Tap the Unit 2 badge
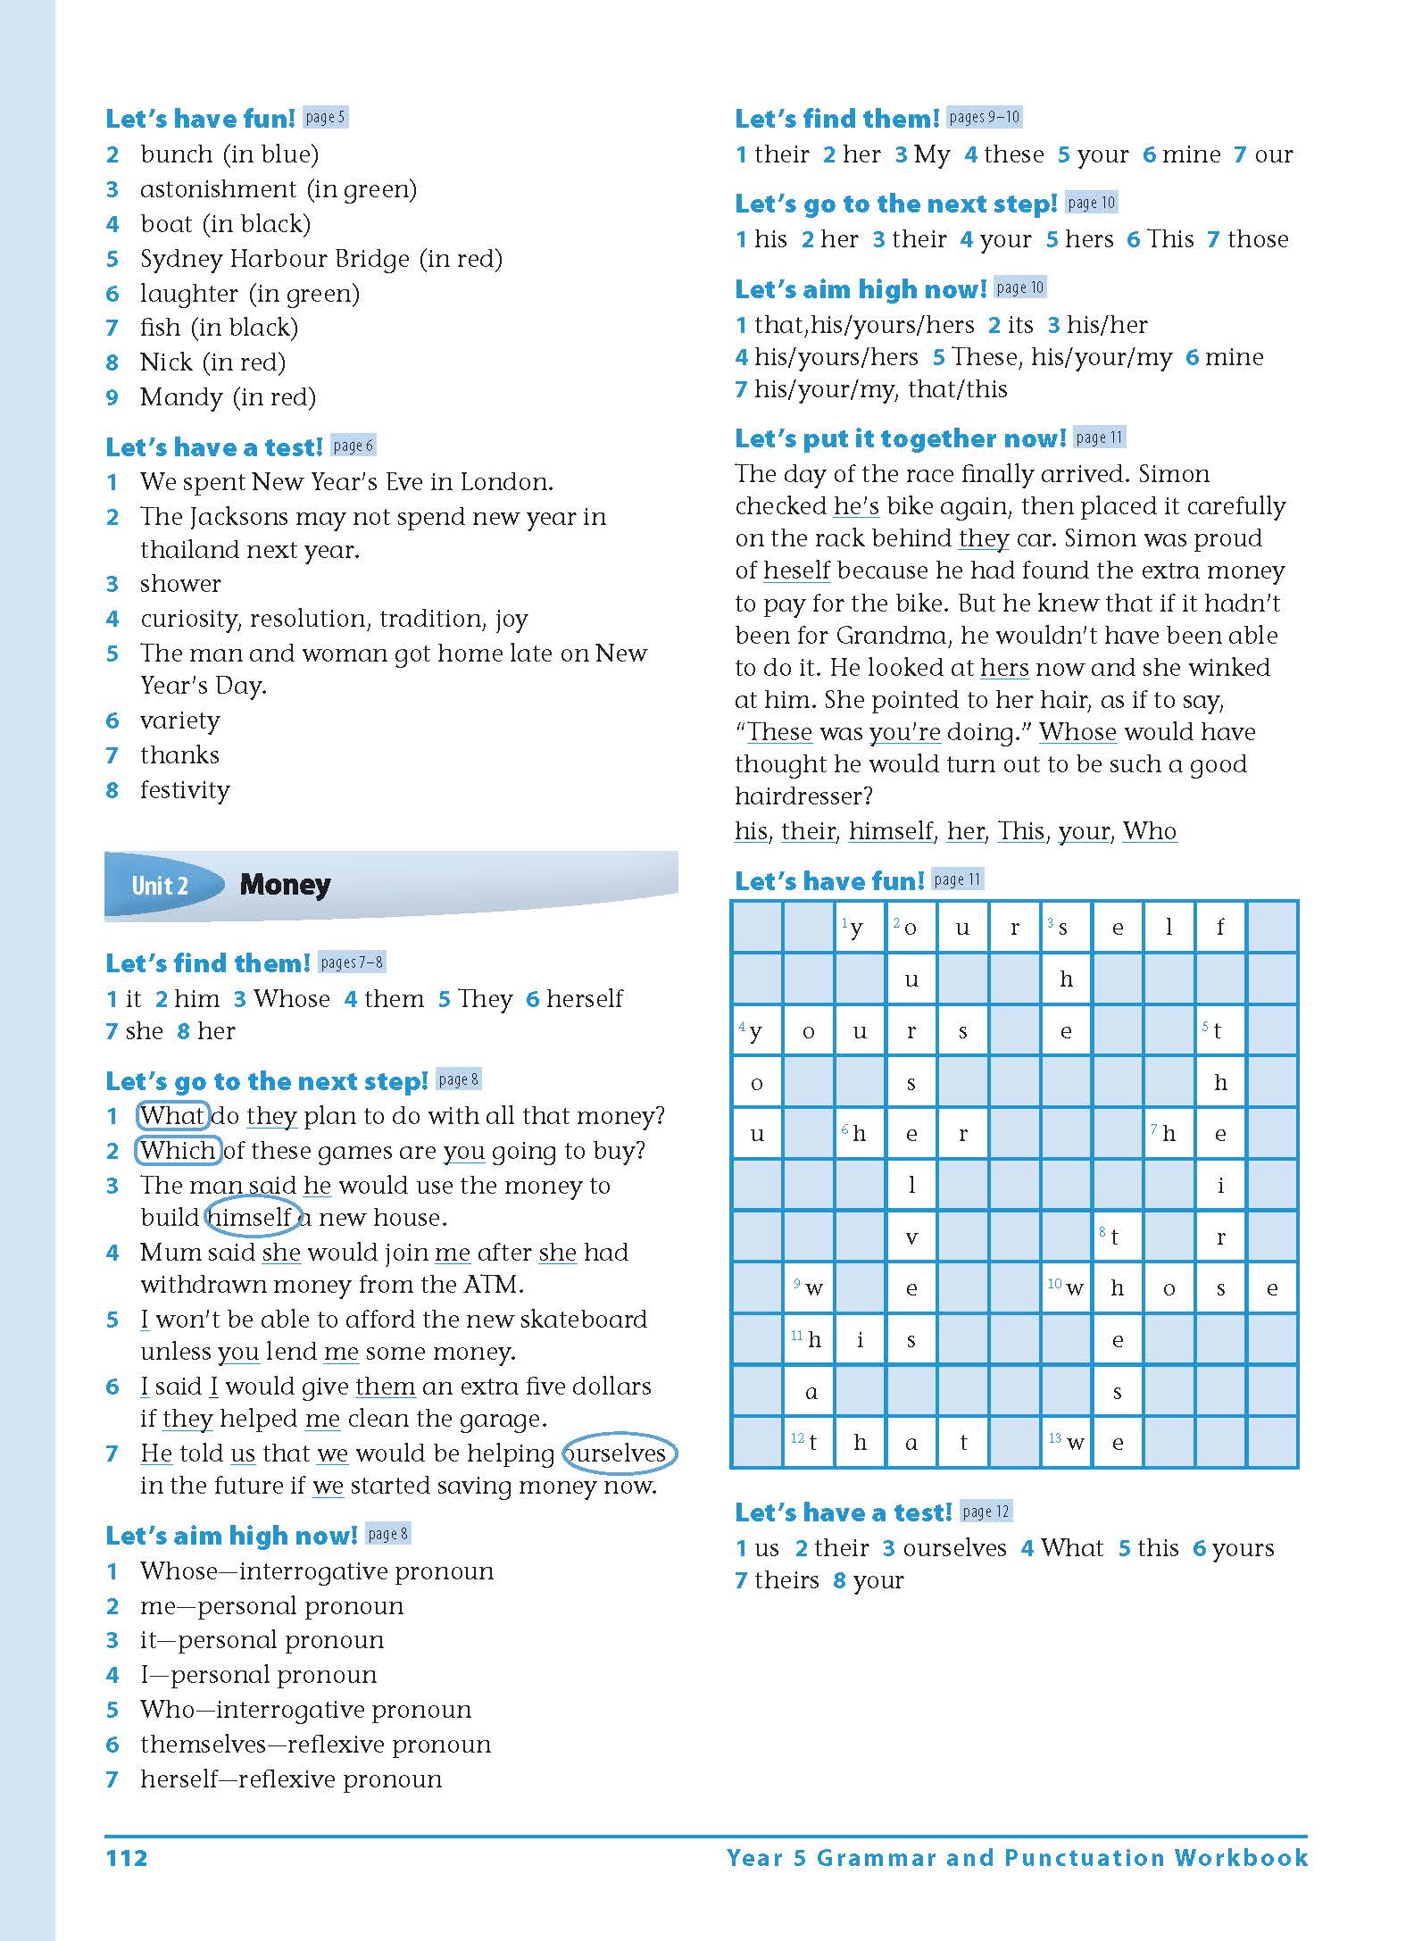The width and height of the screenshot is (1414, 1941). tap(161, 885)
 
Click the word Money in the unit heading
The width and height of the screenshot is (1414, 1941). tap(285, 885)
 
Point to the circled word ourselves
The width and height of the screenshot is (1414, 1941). tap(620, 1454)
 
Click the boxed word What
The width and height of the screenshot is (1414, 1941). tap(172, 1116)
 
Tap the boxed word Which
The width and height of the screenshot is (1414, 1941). tap(178, 1151)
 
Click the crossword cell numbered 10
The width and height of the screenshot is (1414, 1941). tap(1067, 1287)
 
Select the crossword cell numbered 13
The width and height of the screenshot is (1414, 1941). tap(1067, 1442)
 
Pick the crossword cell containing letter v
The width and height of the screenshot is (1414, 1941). tap(911, 1237)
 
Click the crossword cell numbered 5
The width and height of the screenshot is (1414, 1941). tap(1219, 1030)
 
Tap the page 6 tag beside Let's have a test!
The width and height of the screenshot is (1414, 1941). tap(353, 446)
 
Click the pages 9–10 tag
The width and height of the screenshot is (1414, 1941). tap(984, 117)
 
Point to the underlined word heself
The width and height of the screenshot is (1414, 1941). tap(796, 571)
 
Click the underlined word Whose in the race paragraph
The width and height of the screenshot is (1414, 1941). tap(1077, 732)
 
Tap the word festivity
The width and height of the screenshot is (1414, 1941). tap(185, 790)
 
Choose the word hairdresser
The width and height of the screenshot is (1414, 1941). tap(803, 796)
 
